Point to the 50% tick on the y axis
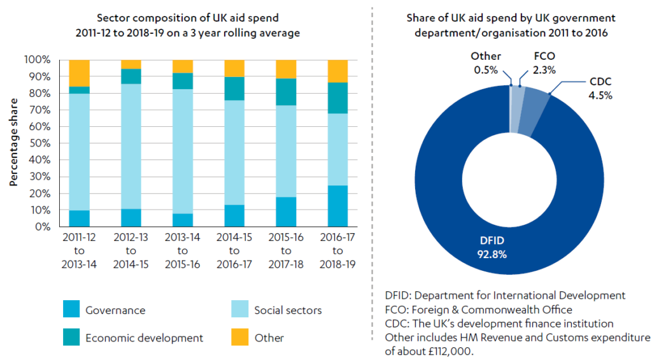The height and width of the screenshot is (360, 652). point(39,143)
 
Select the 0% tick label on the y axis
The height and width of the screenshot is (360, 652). point(42,227)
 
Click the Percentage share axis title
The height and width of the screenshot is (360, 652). point(13,143)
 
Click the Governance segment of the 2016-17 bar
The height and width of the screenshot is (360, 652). point(337,206)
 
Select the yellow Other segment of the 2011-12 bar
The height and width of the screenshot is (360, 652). point(79,73)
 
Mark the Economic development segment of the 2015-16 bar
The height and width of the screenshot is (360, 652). point(286,92)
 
